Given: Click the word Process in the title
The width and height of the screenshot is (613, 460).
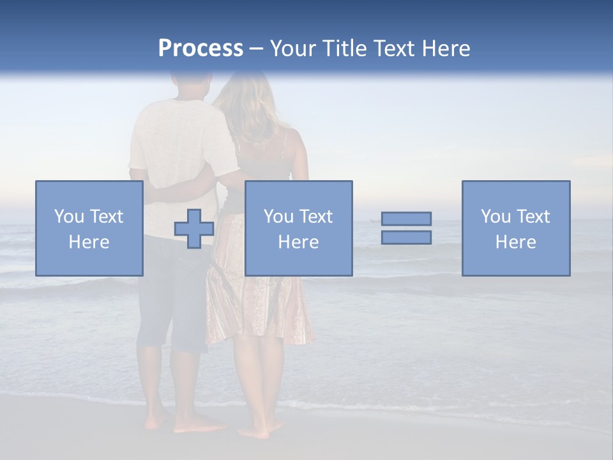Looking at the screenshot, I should (201, 49).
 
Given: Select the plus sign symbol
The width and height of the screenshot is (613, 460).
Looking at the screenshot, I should (194, 229).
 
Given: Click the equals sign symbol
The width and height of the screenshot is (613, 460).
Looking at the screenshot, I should (406, 228).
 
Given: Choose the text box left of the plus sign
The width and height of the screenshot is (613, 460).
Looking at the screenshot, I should (89, 228).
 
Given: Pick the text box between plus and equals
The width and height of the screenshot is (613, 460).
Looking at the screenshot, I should (298, 228).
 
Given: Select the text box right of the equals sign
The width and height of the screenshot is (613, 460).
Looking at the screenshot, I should (516, 228).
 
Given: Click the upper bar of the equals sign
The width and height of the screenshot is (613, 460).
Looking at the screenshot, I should (406, 219).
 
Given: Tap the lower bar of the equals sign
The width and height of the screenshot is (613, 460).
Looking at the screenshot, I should (406, 237).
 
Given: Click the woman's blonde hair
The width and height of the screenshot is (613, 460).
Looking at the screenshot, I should (246, 109).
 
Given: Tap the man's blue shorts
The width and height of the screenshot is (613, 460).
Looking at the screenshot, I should (169, 300).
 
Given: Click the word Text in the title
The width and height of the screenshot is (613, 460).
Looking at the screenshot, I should (391, 49).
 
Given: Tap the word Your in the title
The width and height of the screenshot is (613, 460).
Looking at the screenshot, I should (292, 49).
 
